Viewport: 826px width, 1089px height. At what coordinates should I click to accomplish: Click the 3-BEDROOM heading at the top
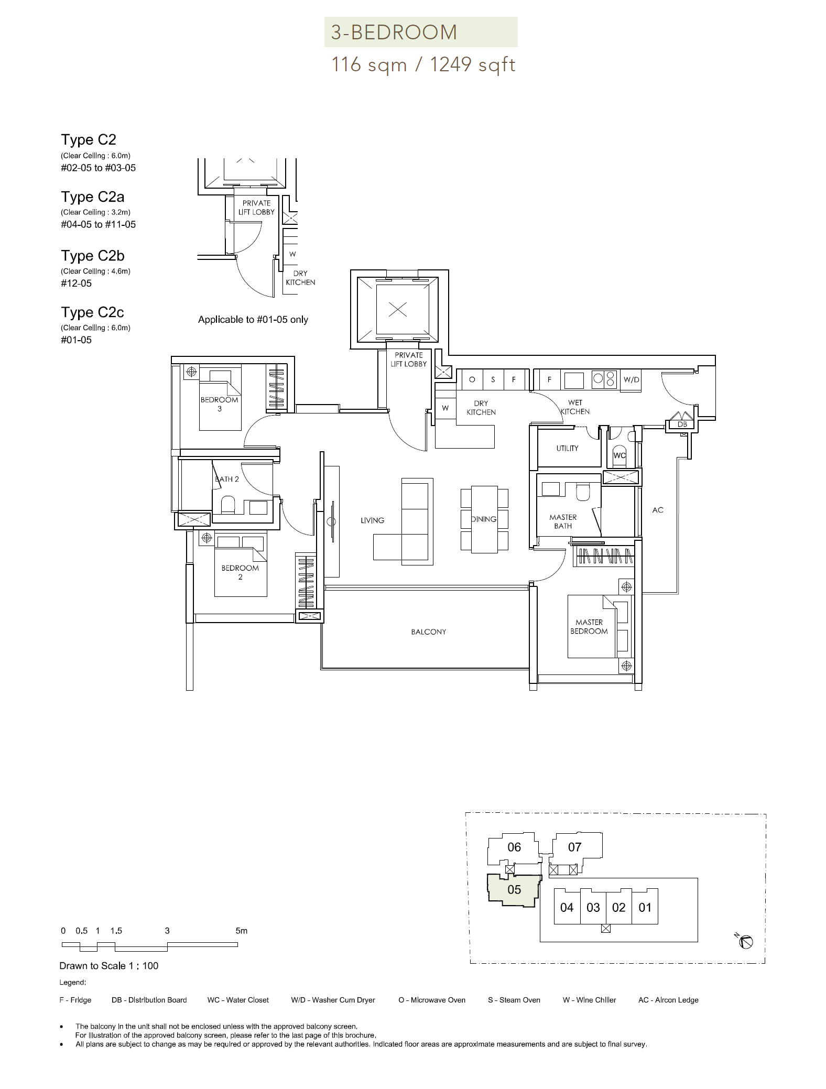pyautogui.click(x=394, y=32)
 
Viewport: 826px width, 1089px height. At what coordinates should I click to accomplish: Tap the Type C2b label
pyautogui.click(x=93, y=256)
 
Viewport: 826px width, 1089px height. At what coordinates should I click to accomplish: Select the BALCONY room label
pyautogui.click(x=429, y=632)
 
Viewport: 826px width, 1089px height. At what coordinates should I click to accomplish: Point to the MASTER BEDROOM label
pyautogui.click(x=589, y=627)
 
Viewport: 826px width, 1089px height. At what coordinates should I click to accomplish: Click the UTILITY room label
pyautogui.click(x=568, y=449)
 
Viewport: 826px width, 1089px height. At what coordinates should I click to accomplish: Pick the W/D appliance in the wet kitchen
pyautogui.click(x=631, y=379)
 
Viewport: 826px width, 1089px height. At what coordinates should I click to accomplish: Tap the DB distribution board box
pyautogui.click(x=682, y=424)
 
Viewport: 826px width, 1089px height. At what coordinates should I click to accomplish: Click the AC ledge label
pyautogui.click(x=658, y=510)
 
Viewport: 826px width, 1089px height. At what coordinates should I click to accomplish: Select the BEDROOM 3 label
pyautogui.click(x=220, y=404)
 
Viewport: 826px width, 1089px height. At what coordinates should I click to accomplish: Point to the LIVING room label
pyautogui.click(x=373, y=520)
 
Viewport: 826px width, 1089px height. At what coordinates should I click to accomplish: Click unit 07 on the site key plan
pyautogui.click(x=575, y=847)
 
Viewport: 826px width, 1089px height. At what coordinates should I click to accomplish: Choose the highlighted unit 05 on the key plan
pyautogui.click(x=514, y=890)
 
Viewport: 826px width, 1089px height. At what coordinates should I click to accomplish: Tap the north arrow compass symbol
pyautogui.click(x=746, y=942)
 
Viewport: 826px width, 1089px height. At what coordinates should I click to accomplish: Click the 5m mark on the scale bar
pyautogui.click(x=241, y=931)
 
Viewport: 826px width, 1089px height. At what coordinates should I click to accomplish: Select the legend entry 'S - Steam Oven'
pyautogui.click(x=514, y=1000)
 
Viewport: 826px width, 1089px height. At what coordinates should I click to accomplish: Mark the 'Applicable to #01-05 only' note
pyautogui.click(x=253, y=320)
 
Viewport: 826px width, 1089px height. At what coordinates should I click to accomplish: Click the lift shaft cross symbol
pyautogui.click(x=398, y=310)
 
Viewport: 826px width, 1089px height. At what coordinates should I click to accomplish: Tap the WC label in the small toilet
pyautogui.click(x=619, y=455)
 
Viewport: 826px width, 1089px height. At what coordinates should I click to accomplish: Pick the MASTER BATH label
pyautogui.click(x=563, y=521)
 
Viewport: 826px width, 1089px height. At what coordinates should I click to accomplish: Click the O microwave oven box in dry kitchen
pyautogui.click(x=472, y=379)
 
